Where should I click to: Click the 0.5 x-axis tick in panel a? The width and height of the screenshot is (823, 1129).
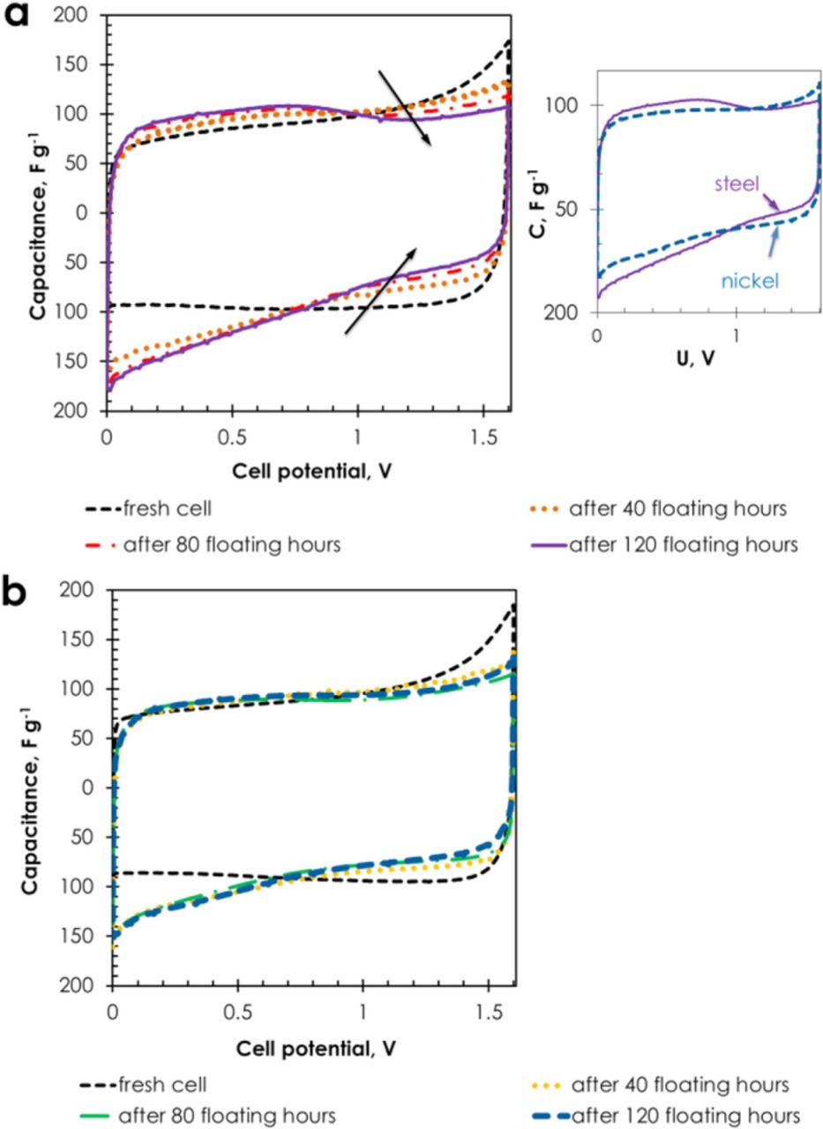(x=231, y=436)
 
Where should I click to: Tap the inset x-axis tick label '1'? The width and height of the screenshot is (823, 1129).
(x=735, y=335)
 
